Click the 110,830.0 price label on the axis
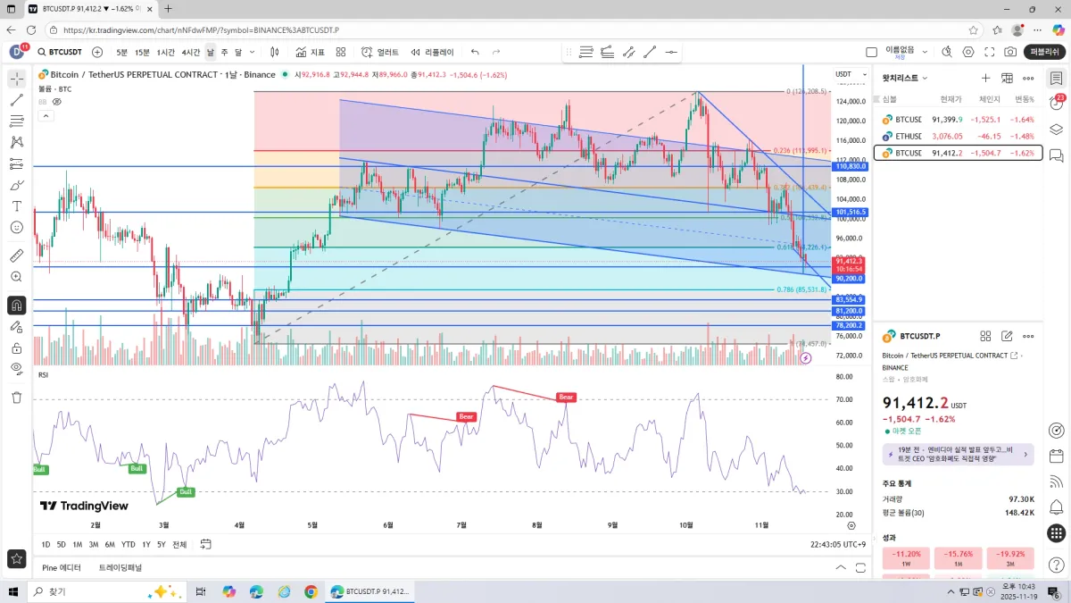click(850, 166)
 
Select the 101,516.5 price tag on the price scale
click(850, 213)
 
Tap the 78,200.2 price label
click(849, 326)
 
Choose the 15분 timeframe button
click(142, 52)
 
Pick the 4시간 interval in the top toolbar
click(191, 52)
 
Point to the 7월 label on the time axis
click(461, 525)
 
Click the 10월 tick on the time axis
click(685, 525)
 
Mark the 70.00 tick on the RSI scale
click(843, 399)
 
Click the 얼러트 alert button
click(380, 52)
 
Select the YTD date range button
click(129, 544)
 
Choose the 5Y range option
click(162, 544)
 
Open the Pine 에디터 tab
click(62, 567)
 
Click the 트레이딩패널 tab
click(120, 567)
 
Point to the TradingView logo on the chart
click(83, 506)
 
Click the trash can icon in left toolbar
click(16, 397)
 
